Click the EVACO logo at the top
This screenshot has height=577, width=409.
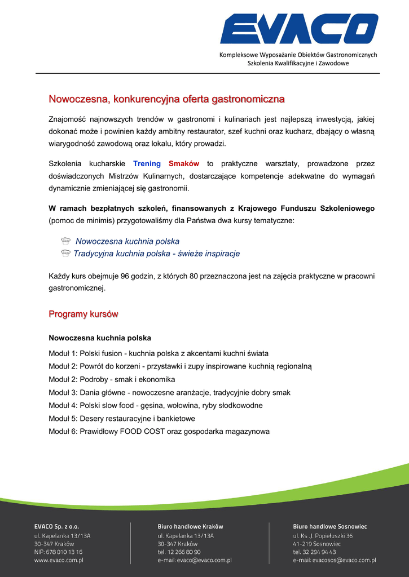[x=299, y=29]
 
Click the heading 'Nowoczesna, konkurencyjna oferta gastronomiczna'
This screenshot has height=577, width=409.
[x=166, y=100]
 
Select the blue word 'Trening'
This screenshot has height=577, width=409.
[x=147, y=163]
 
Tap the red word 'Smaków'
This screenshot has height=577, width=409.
[x=184, y=163]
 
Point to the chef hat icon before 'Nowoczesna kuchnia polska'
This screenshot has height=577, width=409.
[x=65, y=241]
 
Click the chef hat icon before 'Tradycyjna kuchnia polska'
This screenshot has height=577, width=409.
[x=65, y=254]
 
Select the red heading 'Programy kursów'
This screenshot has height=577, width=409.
[x=83, y=314]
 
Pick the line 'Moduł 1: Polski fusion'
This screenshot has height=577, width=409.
[x=159, y=353]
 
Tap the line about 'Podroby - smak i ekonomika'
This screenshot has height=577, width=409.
[x=112, y=379]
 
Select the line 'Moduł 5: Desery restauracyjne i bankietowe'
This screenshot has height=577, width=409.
[x=122, y=418]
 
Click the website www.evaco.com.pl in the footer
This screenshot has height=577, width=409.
[x=59, y=560]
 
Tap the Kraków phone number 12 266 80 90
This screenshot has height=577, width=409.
[x=184, y=552]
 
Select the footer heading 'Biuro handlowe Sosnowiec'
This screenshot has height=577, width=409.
[x=329, y=526]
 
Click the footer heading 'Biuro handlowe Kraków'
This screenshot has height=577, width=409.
[x=190, y=526]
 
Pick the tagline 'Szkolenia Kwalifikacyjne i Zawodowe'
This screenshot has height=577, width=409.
[x=298, y=63]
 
